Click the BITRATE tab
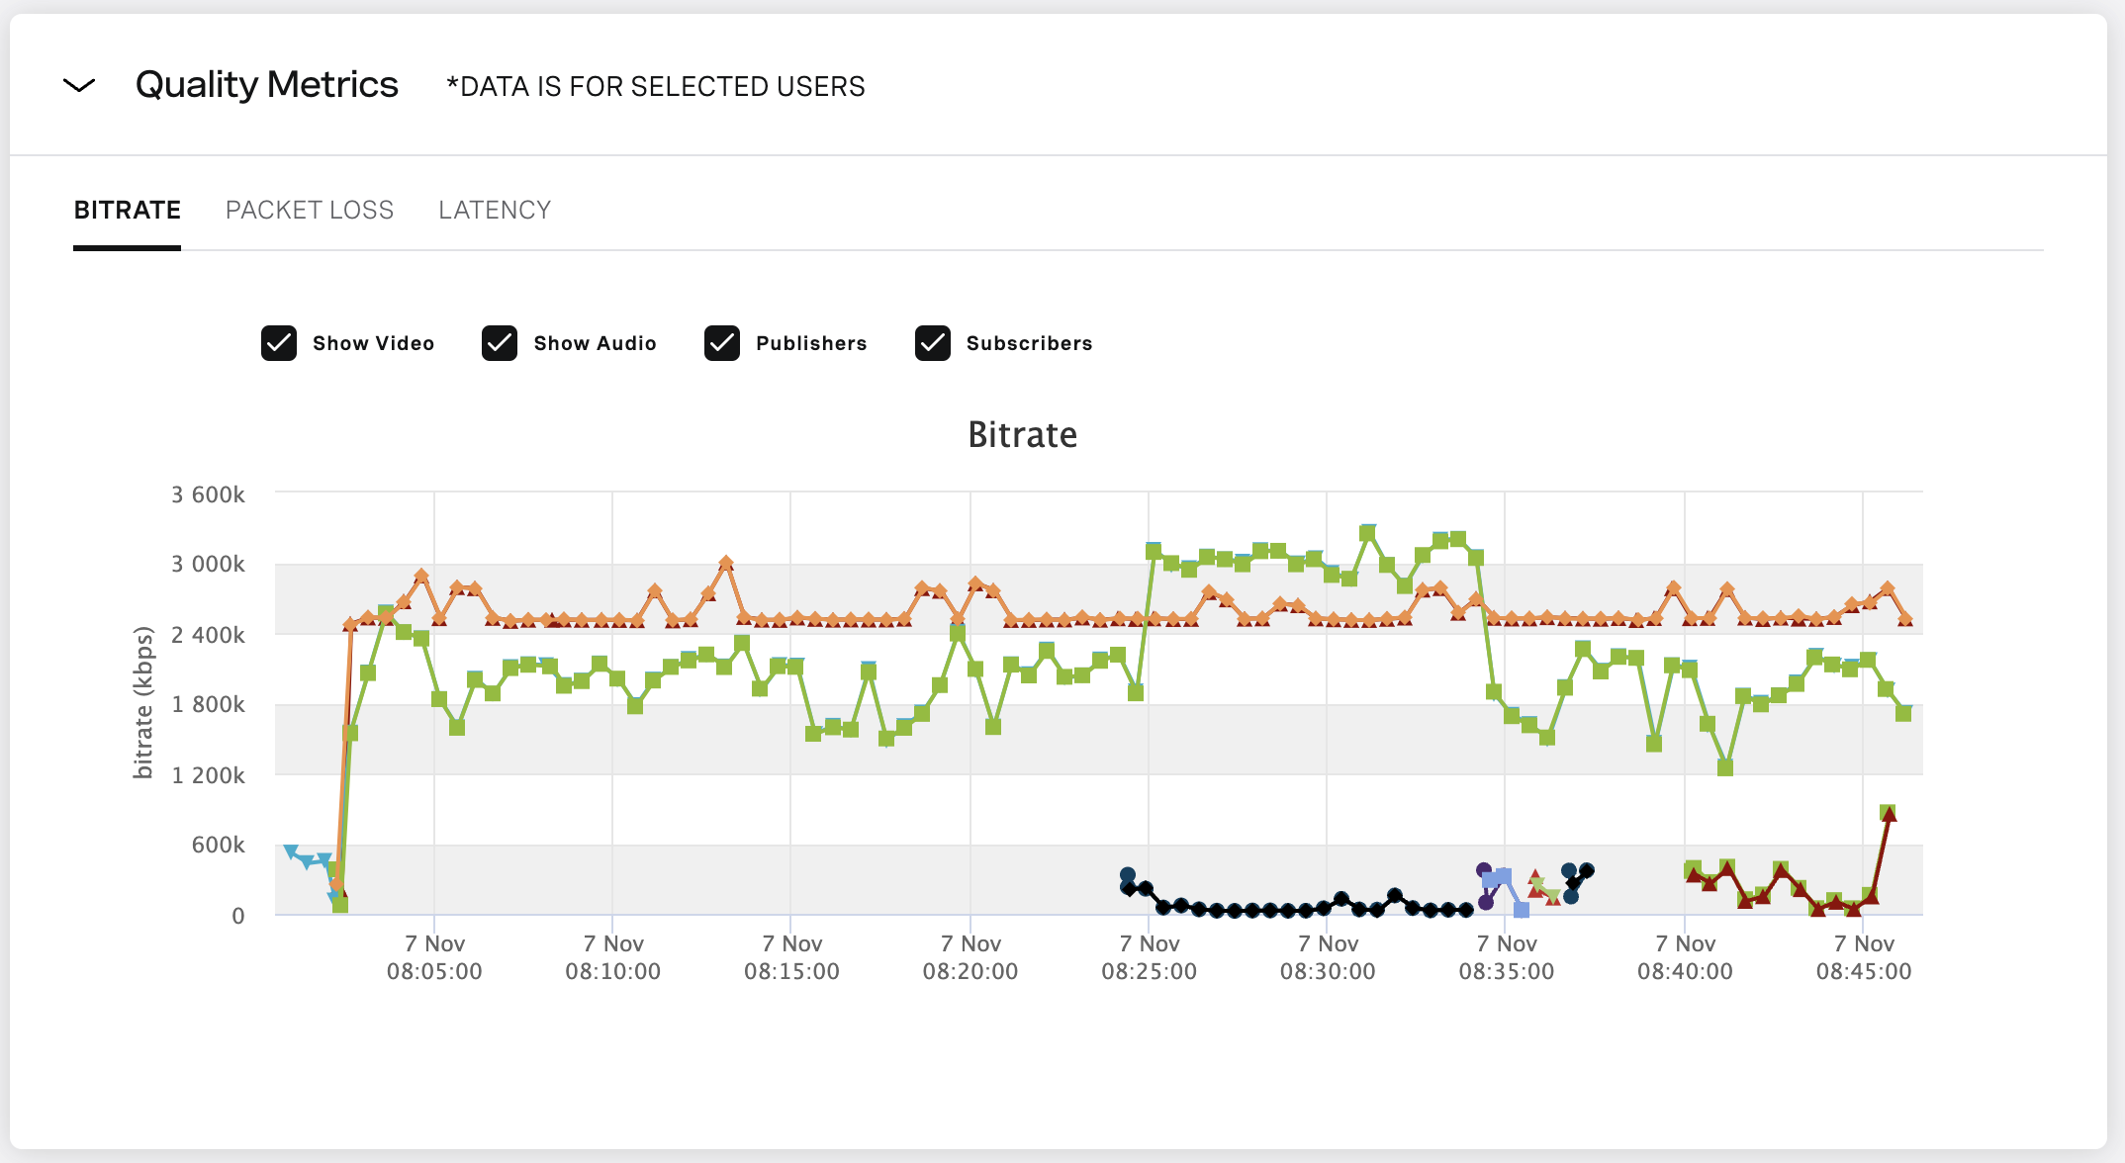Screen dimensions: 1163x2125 click(x=127, y=211)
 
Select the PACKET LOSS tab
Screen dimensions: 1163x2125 click(x=309, y=211)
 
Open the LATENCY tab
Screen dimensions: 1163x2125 click(x=495, y=211)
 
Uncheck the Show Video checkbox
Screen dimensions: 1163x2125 click(x=279, y=343)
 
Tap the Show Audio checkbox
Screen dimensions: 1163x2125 click(x=500, y=343)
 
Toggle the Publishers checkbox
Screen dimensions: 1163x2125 click(x=722, y=343)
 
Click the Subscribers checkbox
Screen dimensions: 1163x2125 click(x=933, y=343)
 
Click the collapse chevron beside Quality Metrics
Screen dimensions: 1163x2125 click(x=79, y=86)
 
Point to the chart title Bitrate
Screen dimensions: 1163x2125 click(x=1022, y=435)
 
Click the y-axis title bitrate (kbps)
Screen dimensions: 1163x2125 click(x=143, y=702)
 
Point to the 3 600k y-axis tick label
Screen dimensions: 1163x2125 click(x=208, y=494)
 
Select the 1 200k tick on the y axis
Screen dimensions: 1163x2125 click(x=208, y=775)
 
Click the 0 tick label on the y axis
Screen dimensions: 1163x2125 click(x=238, y=916)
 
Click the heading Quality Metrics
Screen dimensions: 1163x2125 click(x=267, y=85)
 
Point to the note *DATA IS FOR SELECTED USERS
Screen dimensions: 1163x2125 click(x=655, y=87)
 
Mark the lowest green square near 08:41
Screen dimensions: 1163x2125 click(x=1725, y=767)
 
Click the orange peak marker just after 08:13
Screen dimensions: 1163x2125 click(x=726, y=563)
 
